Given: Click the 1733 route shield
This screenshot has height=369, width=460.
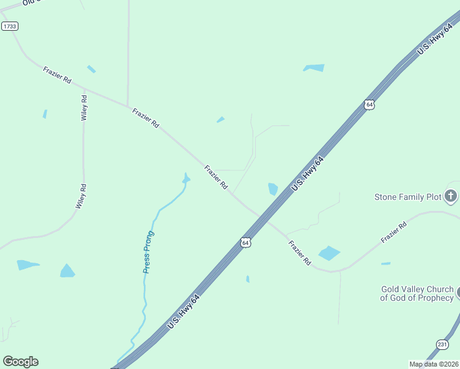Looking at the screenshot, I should (x=9, y=26).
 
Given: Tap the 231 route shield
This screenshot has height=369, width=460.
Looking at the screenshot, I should (x=442, y=344).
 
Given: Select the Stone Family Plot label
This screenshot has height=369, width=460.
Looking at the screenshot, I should (x=408, y=197).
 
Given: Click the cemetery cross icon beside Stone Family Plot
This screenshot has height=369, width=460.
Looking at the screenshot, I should (x=451, y=197).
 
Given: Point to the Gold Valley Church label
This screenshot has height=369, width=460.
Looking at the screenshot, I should (x=418, y=293).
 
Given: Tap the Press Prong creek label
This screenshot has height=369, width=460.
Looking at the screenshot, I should (x=148, y=252).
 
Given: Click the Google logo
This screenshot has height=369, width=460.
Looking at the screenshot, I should (x=20, y=362).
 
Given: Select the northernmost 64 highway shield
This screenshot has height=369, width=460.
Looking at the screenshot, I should (x=368, y=105).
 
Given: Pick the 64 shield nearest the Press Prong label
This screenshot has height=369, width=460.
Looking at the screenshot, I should (x=245, y=242).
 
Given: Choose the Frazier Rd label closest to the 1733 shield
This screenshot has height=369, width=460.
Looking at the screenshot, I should (x=57, y=75).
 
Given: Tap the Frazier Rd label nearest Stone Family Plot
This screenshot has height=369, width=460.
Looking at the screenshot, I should (x=394, y=232).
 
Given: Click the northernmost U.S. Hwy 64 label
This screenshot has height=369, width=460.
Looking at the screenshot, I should (x=430, y=44).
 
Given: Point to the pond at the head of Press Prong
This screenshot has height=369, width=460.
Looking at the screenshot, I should (x=186, y=178).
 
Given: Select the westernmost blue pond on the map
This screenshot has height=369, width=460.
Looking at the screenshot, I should (x=27, y=265).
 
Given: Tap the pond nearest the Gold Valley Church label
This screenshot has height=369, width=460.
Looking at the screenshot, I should (x=386, y=263).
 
